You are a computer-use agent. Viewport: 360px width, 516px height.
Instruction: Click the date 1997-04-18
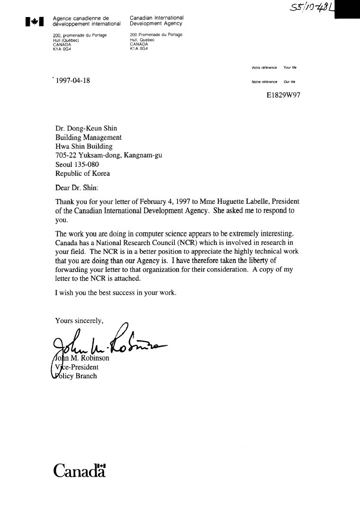point(73,81)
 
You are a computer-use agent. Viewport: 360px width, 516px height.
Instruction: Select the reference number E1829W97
point(283,95)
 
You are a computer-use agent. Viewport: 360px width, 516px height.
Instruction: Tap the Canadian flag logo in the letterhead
point(35,21)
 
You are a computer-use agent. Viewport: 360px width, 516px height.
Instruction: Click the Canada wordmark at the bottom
point(79,471)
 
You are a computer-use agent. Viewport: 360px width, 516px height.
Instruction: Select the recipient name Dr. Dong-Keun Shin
point(86,128)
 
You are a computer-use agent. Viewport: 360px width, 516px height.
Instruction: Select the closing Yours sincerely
point(79,321)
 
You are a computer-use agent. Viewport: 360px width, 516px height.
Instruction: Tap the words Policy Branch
point(76,376)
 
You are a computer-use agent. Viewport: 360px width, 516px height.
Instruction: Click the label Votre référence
point(264,68)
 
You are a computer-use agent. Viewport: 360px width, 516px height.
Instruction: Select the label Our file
point(289,81)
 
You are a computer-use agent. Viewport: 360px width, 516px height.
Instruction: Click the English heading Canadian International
point(156,18)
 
